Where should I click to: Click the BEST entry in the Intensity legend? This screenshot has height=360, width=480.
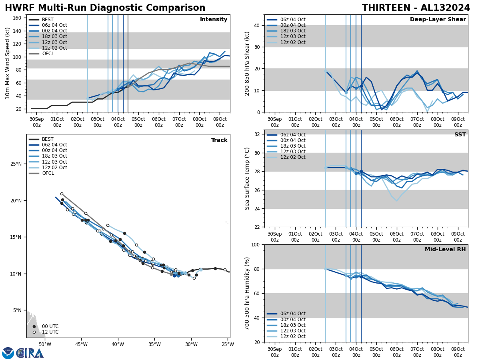(47, 20)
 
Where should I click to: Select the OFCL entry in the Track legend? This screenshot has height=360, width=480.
(47, 173)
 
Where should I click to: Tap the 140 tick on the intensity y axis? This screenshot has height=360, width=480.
(18, 31)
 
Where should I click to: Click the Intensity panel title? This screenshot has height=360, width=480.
(214, 20)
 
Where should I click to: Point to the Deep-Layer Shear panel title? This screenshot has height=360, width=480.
(438, 20)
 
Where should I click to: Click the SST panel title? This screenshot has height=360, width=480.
(460, 135)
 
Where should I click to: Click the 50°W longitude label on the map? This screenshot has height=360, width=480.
(45, 344)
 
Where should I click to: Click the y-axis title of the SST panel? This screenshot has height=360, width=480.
(247, 178)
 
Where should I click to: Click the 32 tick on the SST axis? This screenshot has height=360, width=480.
(257, 134)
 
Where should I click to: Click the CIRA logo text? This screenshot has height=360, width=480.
(30, 353)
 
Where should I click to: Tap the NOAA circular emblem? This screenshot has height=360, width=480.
(8, 353)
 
